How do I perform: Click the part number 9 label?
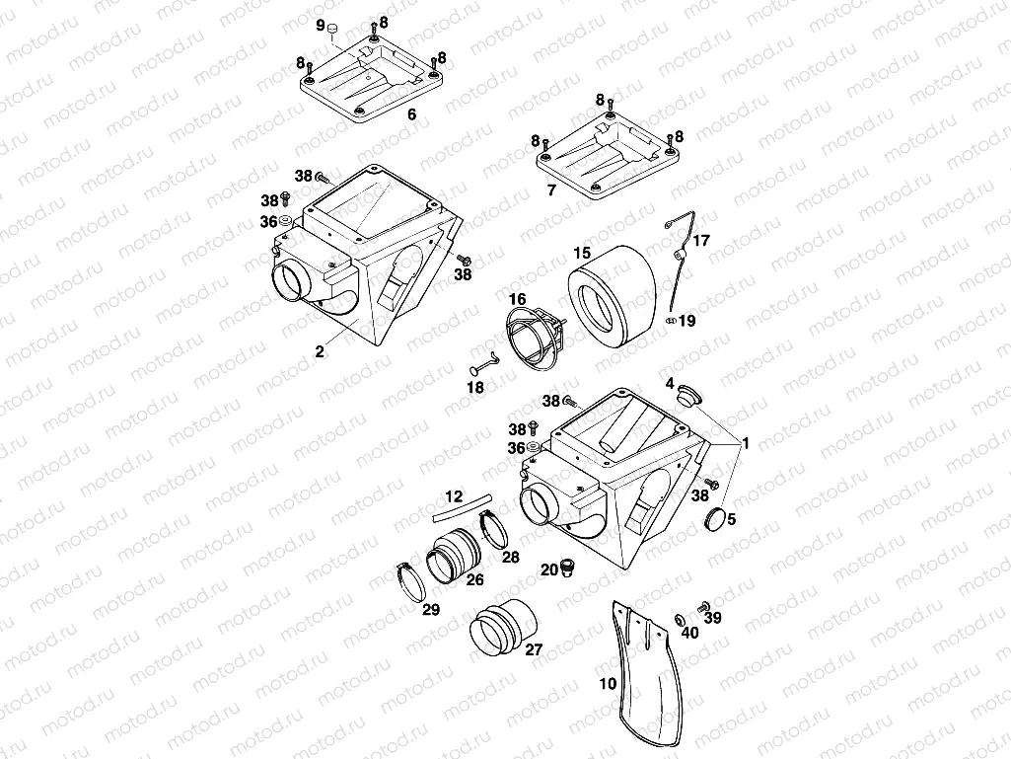coord(320,24)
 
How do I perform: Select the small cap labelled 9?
coord(333,27)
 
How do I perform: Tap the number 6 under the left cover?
coord(411,114)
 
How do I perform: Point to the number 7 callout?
coord(551,189)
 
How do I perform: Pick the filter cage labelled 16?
coord(537,337)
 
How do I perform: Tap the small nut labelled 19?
coord(671,320)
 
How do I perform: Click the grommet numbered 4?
coord(687,394)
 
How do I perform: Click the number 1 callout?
coord(747,443)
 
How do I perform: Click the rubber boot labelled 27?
coord(504,627)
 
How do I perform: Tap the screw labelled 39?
coord(704,605)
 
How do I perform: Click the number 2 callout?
coord(320,350)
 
